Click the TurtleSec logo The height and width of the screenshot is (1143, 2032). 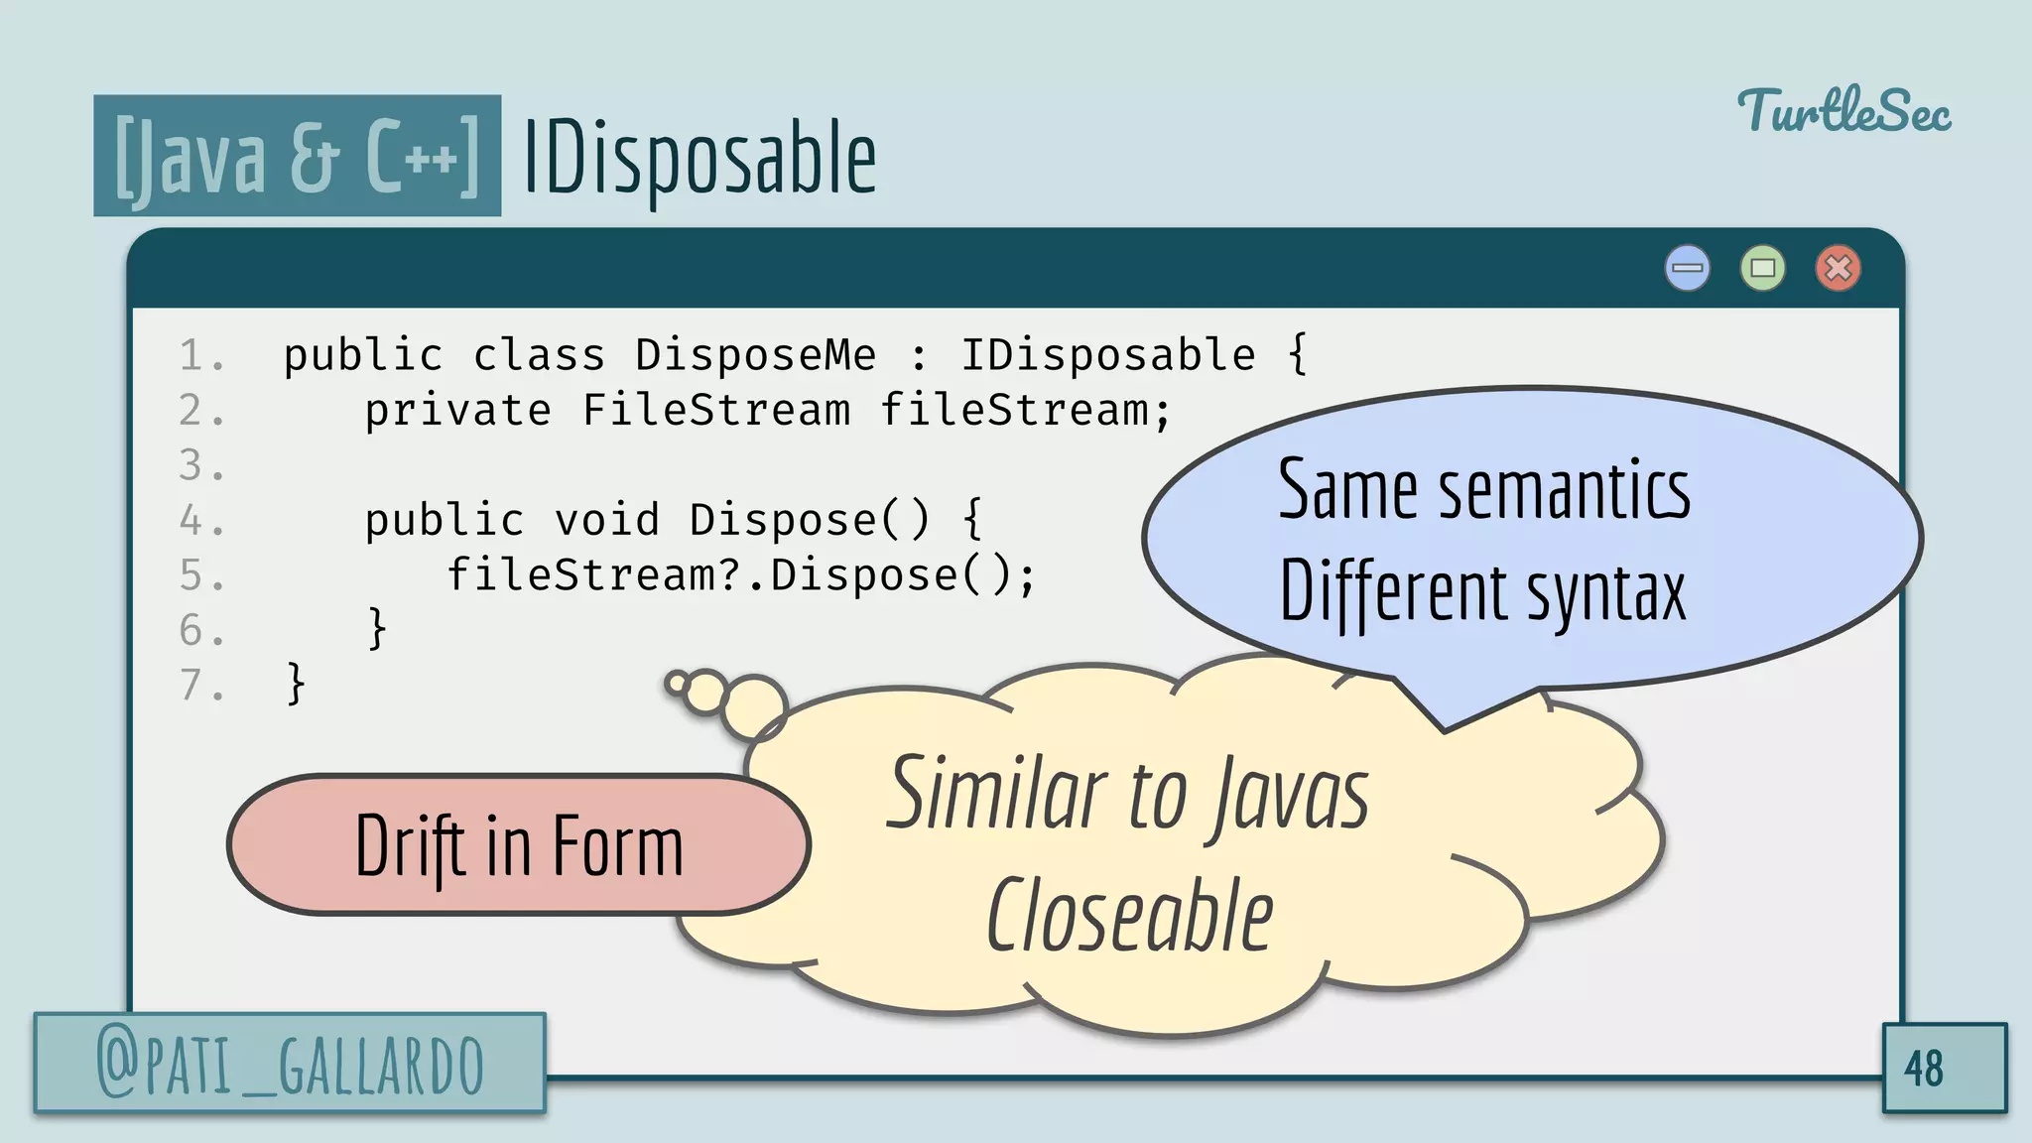[x=1843, y=111]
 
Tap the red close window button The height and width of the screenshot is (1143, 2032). [x=1838, y=268]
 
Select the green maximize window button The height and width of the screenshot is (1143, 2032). [x=1762, y=268]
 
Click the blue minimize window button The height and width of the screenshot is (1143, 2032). [x=1687, y=268]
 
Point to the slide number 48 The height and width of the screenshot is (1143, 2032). [x=1923, y=1069]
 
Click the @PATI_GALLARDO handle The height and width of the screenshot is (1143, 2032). [x=290, y=1064]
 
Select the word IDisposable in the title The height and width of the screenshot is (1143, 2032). [x=698, y=157]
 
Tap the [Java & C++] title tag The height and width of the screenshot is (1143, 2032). [x=297, y=156]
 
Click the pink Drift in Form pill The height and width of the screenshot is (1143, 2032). [x=519, y=845]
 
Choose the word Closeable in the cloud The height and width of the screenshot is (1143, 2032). [x=1129, y=916]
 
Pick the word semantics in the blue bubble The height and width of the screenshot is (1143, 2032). [x=1564, y=490]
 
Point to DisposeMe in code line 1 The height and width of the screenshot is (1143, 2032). [x=756, y=355]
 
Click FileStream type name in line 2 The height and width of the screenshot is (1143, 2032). [x=716, y=411]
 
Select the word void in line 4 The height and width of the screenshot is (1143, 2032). [x=606, y=520]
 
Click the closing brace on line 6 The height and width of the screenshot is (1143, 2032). [x=377, y=629]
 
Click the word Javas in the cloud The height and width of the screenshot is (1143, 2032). [x=1290, y=794]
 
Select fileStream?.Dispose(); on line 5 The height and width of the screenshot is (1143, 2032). [x=740, y=575]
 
